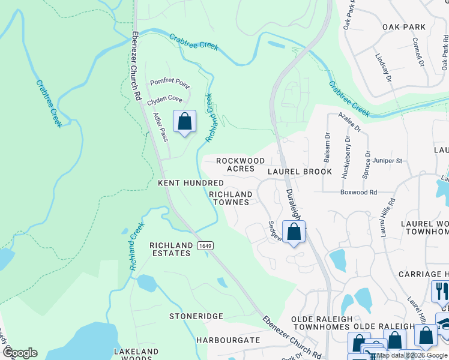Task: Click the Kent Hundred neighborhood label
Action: [190, 182]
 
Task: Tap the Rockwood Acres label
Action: [240, 165]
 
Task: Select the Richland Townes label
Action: [230, 199]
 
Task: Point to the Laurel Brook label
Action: [300, 172]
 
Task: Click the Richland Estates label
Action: [170, 250]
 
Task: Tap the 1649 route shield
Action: [205, 246]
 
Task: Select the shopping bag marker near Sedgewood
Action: [294, 232]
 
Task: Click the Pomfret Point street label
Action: [169, 83]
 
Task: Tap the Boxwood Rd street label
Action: [358, 193]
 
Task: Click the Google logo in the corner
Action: [19, 353]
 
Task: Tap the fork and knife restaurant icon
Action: [439, 292]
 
